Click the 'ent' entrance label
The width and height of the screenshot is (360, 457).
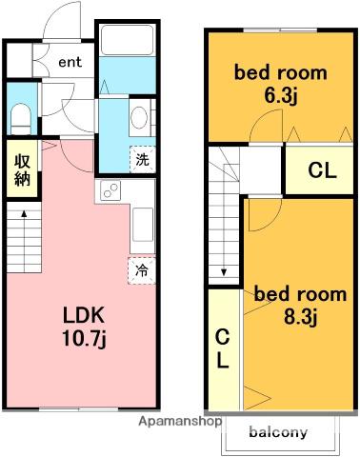(x=70, y=62)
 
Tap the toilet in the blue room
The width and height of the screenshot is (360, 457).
(x=21, y=118)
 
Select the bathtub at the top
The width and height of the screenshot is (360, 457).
(x=127, y=40)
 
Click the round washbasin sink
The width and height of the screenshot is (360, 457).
(x=139, y=117)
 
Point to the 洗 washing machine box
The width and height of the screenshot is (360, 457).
(x=142, y=159)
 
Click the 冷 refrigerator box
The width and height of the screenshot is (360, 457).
(x=142, y=270)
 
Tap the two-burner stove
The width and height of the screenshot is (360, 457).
(x=110, y=190)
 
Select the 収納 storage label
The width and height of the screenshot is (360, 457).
(x=22, y=170)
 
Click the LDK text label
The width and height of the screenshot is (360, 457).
(x=84, y=315)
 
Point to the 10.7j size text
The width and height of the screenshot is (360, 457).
(x=84, y=339)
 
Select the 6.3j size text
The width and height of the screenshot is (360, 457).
(x=281, y=96)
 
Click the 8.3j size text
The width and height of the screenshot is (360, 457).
(x=300, y=317)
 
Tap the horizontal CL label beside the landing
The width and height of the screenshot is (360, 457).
(x=322, y=170)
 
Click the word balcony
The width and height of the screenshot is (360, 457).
(x=278, y=432)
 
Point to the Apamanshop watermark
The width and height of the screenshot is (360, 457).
(x=180, y=422)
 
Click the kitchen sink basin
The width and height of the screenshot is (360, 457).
(x=143, y=225)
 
